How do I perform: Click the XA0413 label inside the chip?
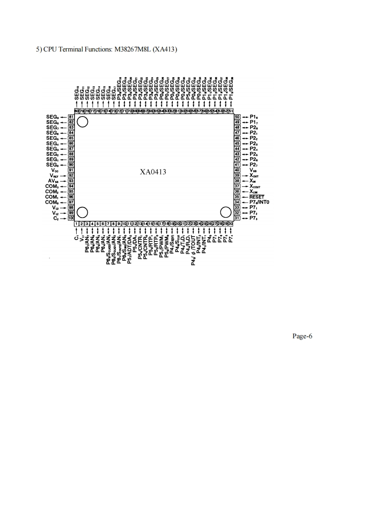pos(153,172)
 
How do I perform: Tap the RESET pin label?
pos(257,197)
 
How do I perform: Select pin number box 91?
pos(71,170)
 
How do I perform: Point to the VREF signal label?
pos(57,175)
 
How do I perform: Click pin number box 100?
pos(71,219)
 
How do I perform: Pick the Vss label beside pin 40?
pos(254,170)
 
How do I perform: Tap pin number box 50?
pos(237,117)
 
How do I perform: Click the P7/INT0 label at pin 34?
pos(259,202)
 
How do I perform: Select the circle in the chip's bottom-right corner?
pos(226,212)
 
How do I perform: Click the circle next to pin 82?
pos(83,122)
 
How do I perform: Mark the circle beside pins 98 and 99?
pos(83,212)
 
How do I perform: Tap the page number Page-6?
pos(302,335)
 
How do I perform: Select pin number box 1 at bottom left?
pos(77,225)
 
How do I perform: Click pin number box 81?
pos(71,117)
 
